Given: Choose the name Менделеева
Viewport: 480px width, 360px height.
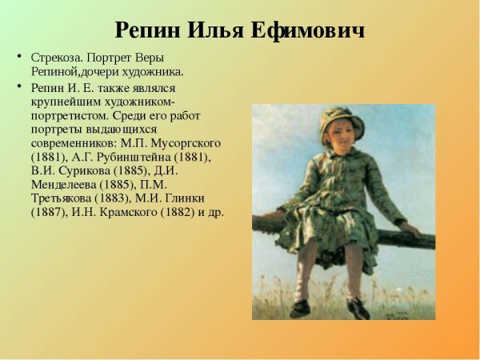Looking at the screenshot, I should coord(66,185).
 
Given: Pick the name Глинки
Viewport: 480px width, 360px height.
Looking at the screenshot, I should coord(182,199).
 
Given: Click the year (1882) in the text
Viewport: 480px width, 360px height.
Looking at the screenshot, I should coord(176,213).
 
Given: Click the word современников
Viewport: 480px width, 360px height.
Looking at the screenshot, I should coord(72,143).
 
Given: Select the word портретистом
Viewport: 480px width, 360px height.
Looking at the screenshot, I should coord(70,115).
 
